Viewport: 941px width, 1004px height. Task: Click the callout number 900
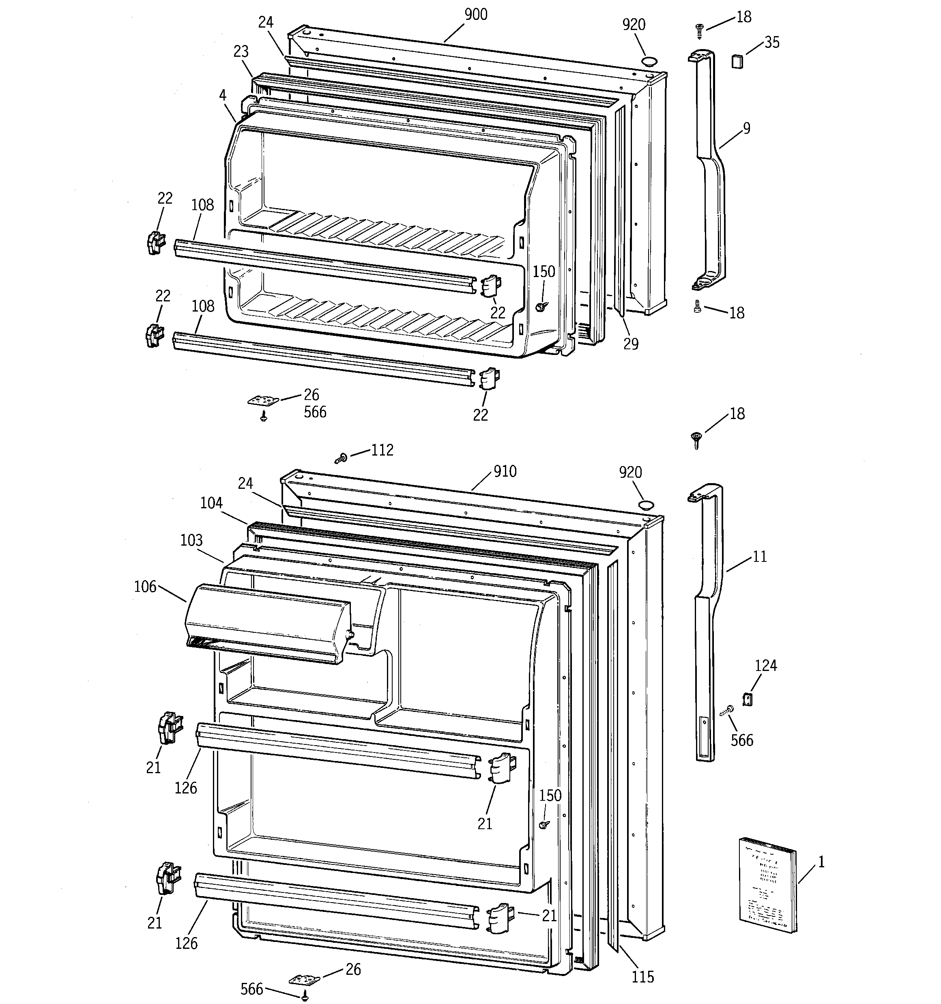pyautogui.click(x=476, y=15)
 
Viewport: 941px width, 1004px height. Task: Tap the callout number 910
pyautogui.click(x=505, y=471)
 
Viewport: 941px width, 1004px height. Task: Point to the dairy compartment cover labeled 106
pyautogui.click(x=268, y=624)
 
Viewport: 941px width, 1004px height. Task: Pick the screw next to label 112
pyautogui.click(x=341, y=458)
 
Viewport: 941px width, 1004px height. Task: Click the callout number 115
pyautogui.click(x=642, y=977)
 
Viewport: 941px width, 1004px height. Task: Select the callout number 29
pyautogui.click(x=631, y=344)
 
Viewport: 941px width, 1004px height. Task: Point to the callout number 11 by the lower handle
pyautogui.click(x=759, y=557)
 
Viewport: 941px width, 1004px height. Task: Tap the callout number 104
pyautogui.click(x=211, y=503)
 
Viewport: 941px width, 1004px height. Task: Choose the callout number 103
pyautogui.click(x=191, y=540)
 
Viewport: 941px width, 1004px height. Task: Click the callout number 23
pyautogui.click(x=241, y=51)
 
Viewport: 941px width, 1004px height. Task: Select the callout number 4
pyautogui.click(x=222, y=95)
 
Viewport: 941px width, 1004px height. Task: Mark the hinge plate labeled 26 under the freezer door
pyautogui.click(x=264, y=400)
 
